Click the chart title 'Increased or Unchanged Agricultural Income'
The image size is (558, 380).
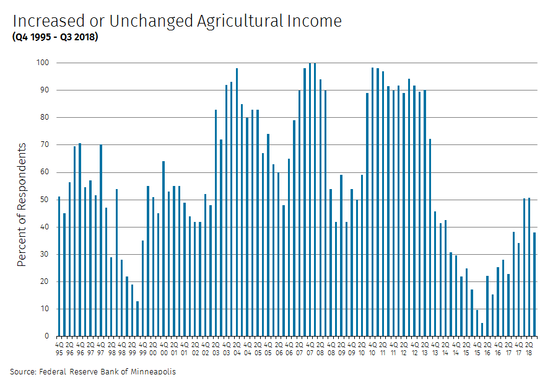[x=177, y=21]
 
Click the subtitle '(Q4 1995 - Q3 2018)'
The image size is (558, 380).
[x=54, y=37]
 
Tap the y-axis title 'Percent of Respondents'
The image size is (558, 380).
[x=22, y=205]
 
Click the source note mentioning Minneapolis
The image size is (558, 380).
[x=93, y=371]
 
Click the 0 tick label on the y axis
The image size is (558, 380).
[x=46, y=337]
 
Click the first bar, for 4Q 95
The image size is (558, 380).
[x=59, y=267]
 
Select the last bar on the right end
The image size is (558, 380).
[x=534, y=285]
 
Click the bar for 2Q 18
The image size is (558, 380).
[x=530, y=267]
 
